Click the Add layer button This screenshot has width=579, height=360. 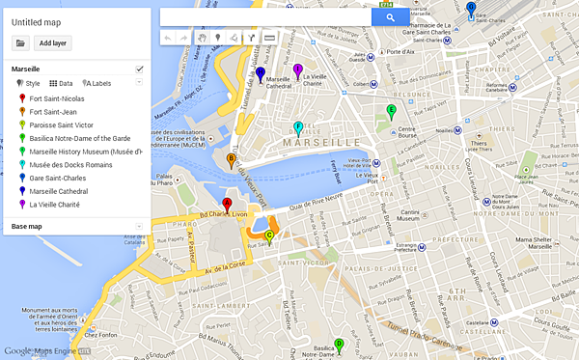click(53, 42)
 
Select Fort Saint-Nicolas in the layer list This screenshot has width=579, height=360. click(55, 98)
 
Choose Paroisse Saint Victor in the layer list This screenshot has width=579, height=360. click(61, 125)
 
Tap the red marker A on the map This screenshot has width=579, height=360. click(227, 205)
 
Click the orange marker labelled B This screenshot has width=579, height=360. click(231, 159)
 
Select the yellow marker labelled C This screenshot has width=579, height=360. click(269, 234)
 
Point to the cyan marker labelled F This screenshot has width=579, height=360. click(298, 127)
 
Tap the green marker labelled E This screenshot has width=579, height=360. click(391, 110)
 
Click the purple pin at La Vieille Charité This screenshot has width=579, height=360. click(299, 69)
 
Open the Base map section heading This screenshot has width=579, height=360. click(26, 226)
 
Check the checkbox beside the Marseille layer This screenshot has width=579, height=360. click(140, 69)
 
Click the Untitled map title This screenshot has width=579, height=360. click(37, 21)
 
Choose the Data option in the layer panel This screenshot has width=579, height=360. click(63, 84)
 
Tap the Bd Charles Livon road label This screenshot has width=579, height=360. click(226, 214)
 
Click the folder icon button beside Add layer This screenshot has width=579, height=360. click(20, 42)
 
